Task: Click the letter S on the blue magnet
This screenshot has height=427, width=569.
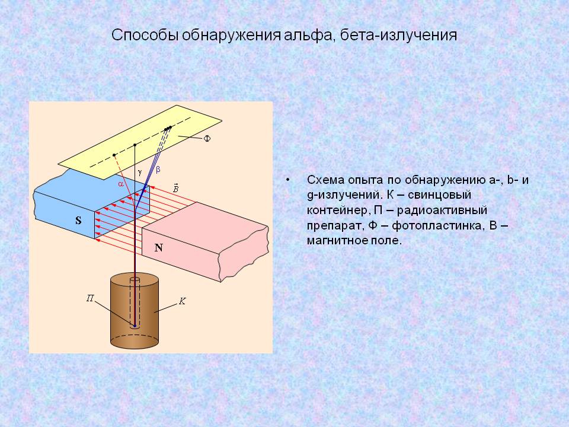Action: click(78, 221)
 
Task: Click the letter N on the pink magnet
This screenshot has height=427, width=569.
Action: click(159, 248)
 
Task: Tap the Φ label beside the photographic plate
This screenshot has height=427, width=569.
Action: click(207, 139)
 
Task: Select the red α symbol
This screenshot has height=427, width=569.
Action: click(120, 184)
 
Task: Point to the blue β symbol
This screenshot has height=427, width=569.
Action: click(158, 170)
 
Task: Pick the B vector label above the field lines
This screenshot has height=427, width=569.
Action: click(175, 187)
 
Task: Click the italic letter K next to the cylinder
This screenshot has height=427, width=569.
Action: click(183, 302)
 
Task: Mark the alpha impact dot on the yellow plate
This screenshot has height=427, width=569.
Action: click(114, 155)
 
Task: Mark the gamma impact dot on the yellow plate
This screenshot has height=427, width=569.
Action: click(135, 145)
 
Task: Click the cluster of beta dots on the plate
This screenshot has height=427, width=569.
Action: click(168, 128)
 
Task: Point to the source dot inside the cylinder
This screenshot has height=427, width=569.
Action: click(135, 326)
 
